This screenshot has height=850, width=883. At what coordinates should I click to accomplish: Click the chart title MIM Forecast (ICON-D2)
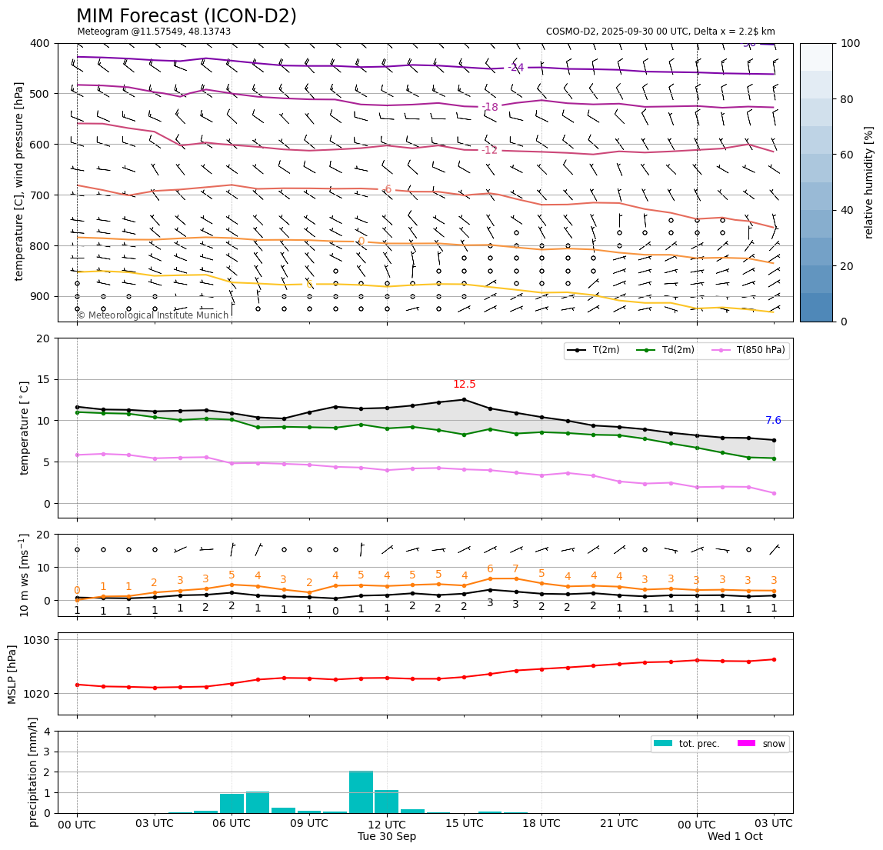pyautogui.click(x=186, y=16)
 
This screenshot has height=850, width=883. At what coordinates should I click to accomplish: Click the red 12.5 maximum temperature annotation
pyautogui.click(x=464, y=385)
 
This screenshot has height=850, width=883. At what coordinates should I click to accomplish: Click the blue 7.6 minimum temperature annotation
pyautogui.click(x=773, y=421)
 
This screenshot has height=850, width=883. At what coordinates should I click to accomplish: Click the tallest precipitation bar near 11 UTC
pyautogui.click(x=361, y=792)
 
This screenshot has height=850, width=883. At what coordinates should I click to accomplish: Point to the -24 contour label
pyautogui.click(x=515, y=68)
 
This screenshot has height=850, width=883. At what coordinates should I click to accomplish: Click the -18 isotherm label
pyautogui.click(x=489, y=107)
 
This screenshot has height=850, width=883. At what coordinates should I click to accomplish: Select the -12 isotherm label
pyautogui.click(x=489, y=150)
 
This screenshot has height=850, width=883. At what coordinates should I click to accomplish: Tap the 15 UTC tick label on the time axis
pyautogui.click(x=464, y=824)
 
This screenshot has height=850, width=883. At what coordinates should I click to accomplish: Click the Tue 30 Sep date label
pyautogui.click(x=387, y=837)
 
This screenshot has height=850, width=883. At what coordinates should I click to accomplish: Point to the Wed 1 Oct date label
pyautogui.click(x=735, y=837)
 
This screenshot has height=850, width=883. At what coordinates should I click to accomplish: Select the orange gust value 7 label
pyautogui.click(x=515, y=569)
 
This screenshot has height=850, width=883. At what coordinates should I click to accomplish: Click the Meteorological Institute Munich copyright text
pyautogui.click(x=153, y=315)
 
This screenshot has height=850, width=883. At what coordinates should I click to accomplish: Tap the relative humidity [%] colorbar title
pyautogui.click(x=868, y=182)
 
